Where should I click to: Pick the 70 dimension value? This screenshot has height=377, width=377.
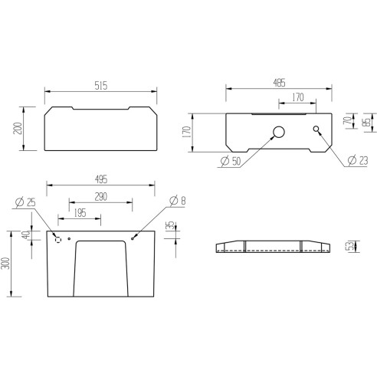346,121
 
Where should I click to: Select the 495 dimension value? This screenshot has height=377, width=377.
100,179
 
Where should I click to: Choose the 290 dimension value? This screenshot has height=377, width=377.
102,197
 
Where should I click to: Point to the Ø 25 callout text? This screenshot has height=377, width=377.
27,202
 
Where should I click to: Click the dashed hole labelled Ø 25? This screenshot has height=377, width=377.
57,239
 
